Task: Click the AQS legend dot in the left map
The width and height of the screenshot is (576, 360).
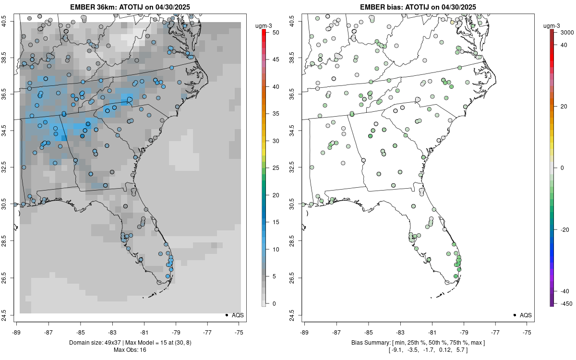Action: [x=226, y=315]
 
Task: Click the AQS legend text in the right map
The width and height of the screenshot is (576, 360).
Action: [x=526, y=315]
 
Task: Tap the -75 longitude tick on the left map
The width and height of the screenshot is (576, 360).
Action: [x=240, y=332]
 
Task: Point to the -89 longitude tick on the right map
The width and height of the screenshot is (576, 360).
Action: [x=304, y=332]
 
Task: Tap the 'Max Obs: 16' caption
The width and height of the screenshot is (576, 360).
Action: [x=130, y=350]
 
